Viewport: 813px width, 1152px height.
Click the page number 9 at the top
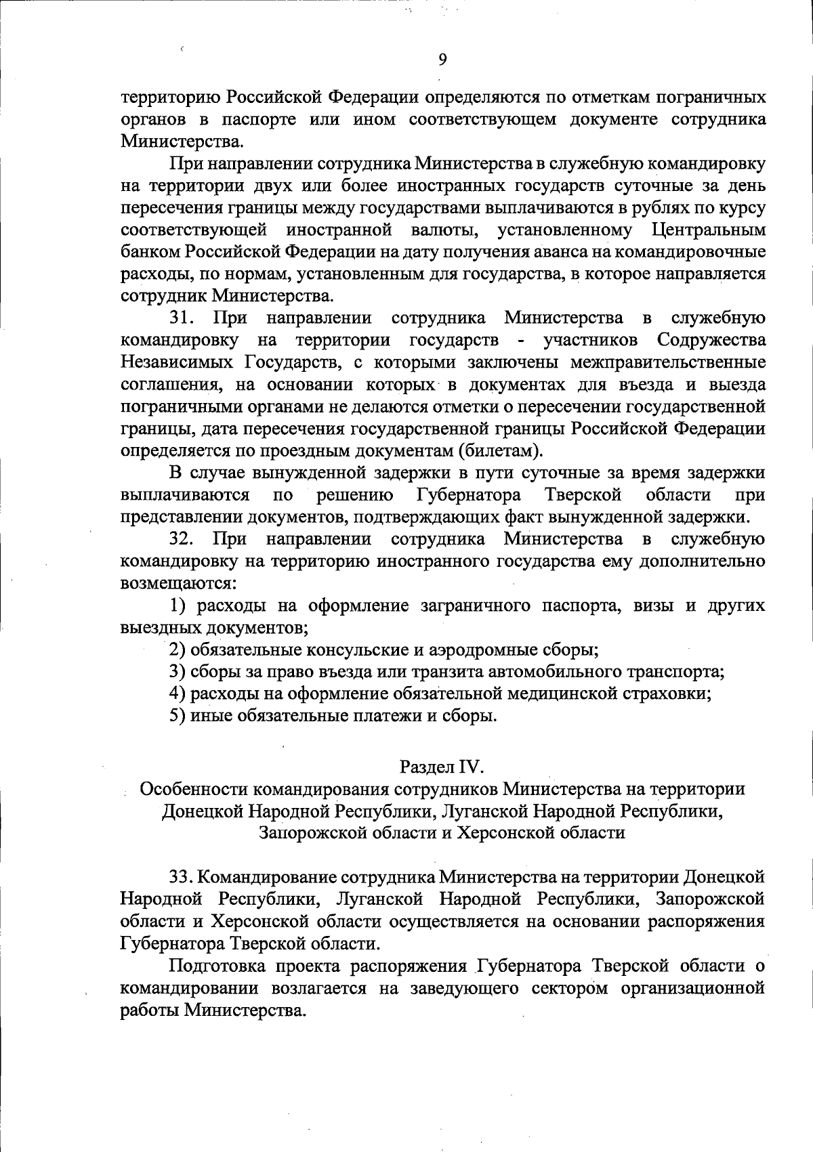442,60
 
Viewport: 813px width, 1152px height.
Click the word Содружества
711,340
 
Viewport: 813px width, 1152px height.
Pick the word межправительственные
668,362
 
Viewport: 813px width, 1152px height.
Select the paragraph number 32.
182,539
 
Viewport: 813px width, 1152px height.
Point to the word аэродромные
476,650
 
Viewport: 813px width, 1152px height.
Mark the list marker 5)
177,716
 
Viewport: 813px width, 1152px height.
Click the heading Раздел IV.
442,767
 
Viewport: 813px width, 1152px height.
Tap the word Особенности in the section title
194,789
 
